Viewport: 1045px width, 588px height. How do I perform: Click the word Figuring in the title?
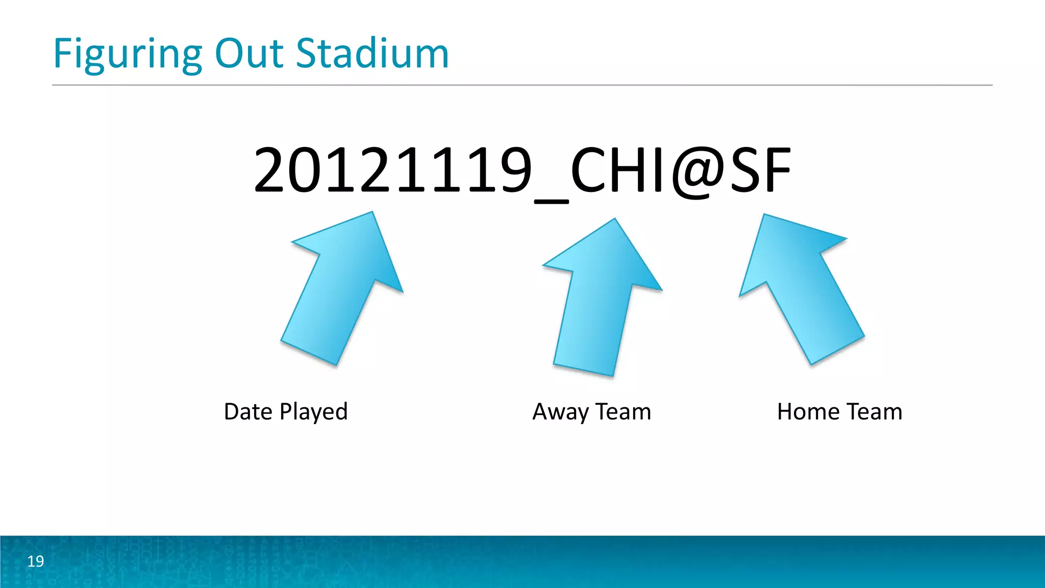click(x=128, y=55)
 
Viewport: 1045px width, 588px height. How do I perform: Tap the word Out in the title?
click(x=249, y=54)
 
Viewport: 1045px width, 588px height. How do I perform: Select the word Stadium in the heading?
click(x=372, y=54)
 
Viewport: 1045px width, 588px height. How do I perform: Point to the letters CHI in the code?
click(x=617, y=170)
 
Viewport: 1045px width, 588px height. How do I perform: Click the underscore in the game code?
click(x=551, y=201)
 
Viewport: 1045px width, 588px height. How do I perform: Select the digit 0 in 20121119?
click(x=307, y=170)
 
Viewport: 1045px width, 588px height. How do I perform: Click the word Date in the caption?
click(x=248, y=411)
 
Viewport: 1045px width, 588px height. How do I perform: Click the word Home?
click(x=808, y=411)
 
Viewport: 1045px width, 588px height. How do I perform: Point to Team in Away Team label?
click(x=623, y=411)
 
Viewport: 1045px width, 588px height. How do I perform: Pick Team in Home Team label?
click(x=875, y=411)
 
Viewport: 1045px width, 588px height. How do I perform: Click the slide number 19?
click(x=35, y=561)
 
